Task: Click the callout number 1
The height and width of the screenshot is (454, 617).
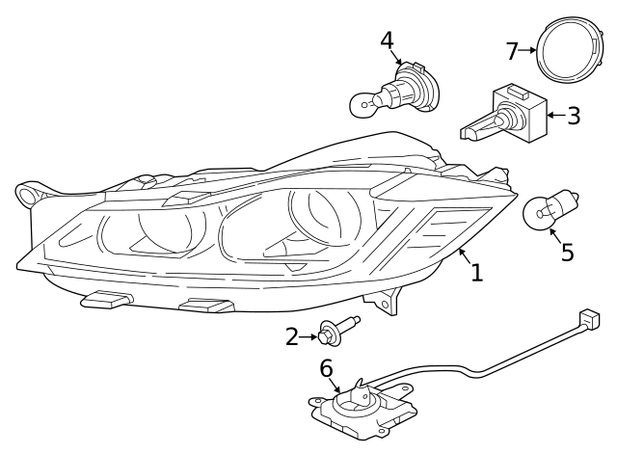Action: pyautogui.click(x=477, y=272)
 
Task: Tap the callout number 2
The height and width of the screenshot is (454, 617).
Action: pyautogui.click(x=292, y=337)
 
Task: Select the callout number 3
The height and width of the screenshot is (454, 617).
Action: pyautogui.click(x=574, y=116)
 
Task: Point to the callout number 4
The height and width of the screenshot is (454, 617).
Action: pyautogui.click(x=388, y=40)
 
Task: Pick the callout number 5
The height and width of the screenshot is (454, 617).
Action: pyautogui.click(x=567, y=252)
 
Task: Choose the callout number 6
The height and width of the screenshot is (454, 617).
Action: pyautogui.click(x=326, y=368)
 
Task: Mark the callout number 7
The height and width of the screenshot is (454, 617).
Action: pyautogui.click(x=512, y=51)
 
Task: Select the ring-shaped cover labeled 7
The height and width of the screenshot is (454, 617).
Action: pyautogui.click(x=540, y=51)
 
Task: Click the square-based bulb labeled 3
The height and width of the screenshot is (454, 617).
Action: pyautogui.click(x=503, y=115)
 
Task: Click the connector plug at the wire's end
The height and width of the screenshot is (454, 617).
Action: pyautogui.click(x=589, y=319)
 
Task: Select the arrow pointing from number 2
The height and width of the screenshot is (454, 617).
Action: pyautogui.click(x=308, y=337)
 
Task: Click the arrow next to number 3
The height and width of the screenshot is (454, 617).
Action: pyautogui.click(x=556, y=116)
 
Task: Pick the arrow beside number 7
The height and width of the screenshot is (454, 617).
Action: pyautogui.click(x=527, y=50)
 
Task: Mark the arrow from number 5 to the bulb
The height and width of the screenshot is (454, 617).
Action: pyautogui.click(x=555, y=236)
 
